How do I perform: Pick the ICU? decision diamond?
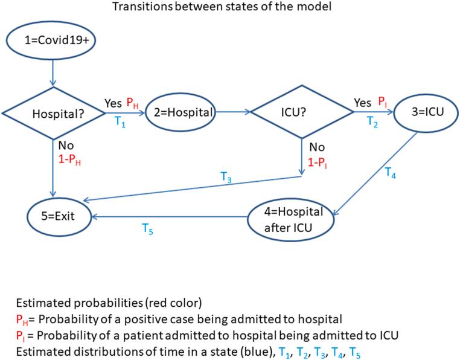(x=302, y=112)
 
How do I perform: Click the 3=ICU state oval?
(x=423, y=112)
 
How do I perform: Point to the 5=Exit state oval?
(x=59, y=213)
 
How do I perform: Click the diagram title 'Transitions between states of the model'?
(x=230, y=7)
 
